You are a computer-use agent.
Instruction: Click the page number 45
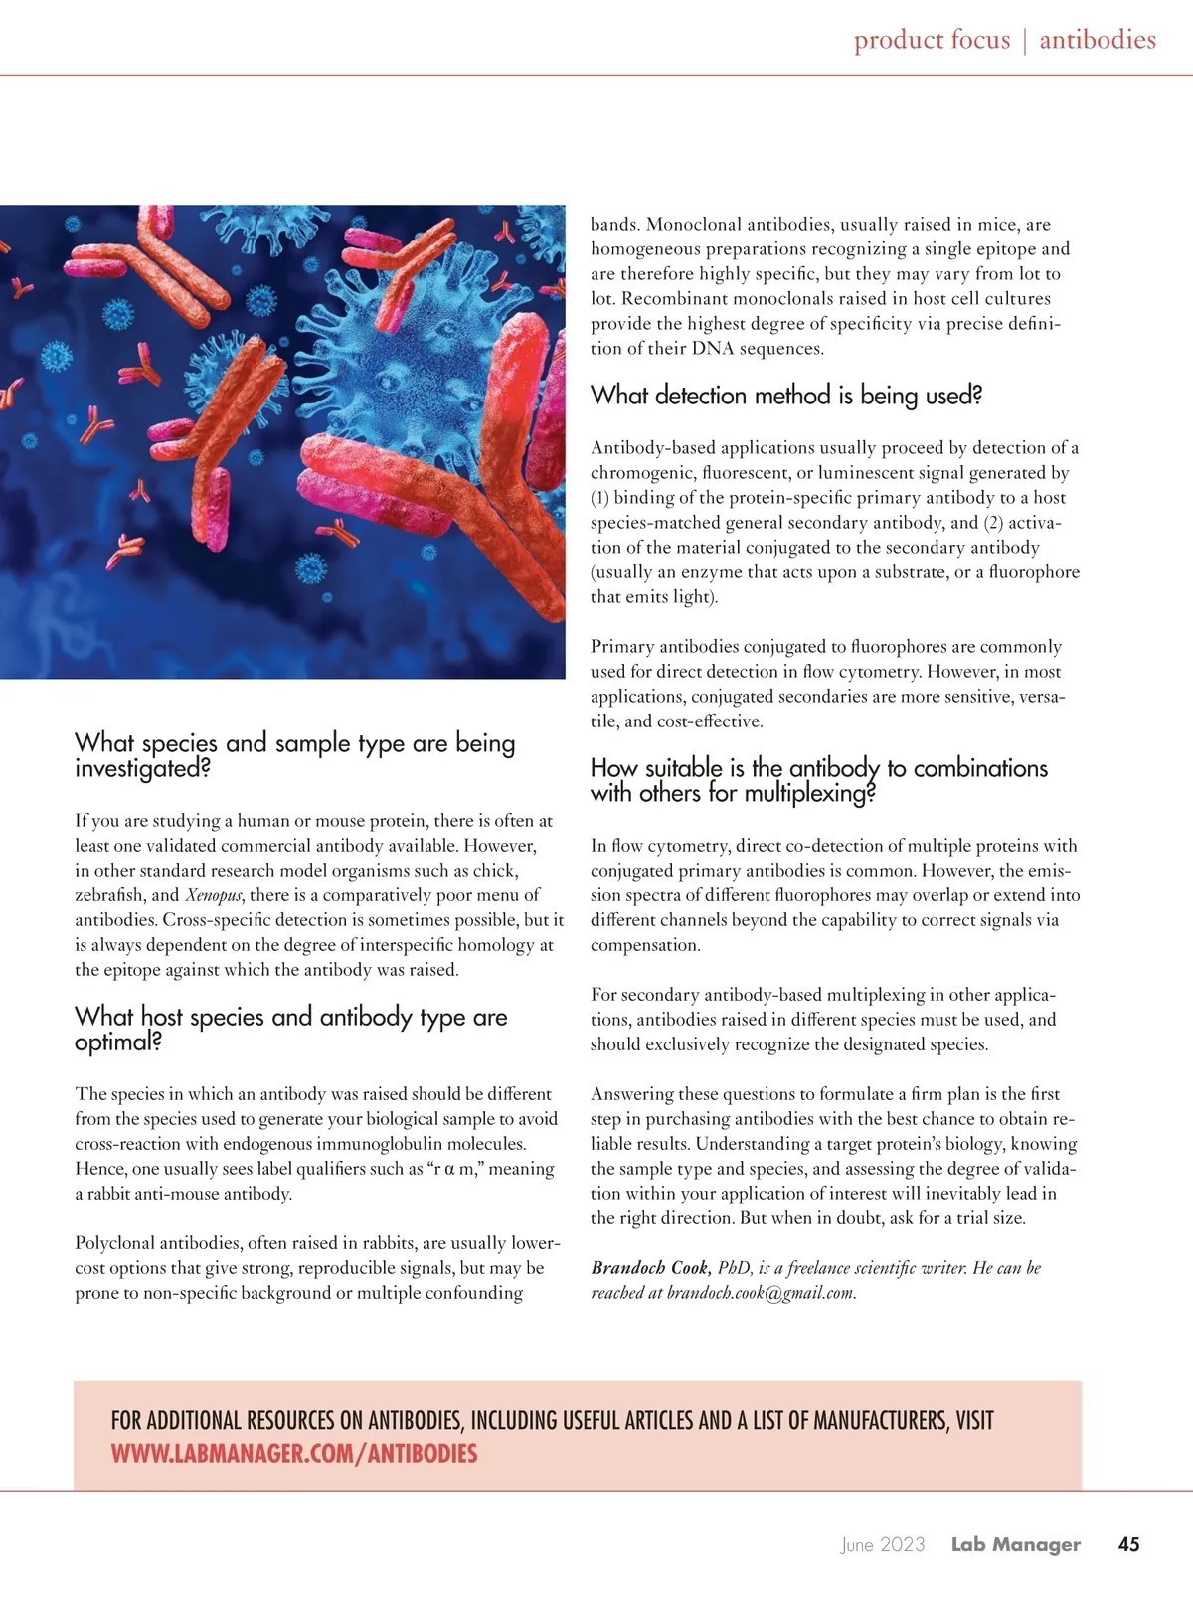click(x=1128, y=1544)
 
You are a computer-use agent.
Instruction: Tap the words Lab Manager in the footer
click(x=1015, y=1544)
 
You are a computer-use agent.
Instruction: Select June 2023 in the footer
click(x=882, y=1544)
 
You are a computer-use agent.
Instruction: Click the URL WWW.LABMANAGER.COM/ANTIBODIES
click(x=293, y=1454)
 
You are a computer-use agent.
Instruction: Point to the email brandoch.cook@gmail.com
click(x=761, y=1293)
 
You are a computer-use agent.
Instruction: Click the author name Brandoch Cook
click(x=649, y=1268)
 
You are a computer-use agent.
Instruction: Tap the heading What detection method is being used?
click(x=785, y=396)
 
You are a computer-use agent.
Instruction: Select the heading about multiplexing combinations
click(x=818, y=780)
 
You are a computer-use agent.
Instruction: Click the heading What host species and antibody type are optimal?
click(x=290, y=1029)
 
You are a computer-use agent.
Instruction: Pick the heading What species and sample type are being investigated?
click(x=294, y=755)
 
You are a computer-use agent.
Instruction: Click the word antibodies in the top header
click(x=1098, y=40)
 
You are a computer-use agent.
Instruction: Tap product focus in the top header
click(x=932, y=40)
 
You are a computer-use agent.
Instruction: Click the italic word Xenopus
click(x=214, y=895)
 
